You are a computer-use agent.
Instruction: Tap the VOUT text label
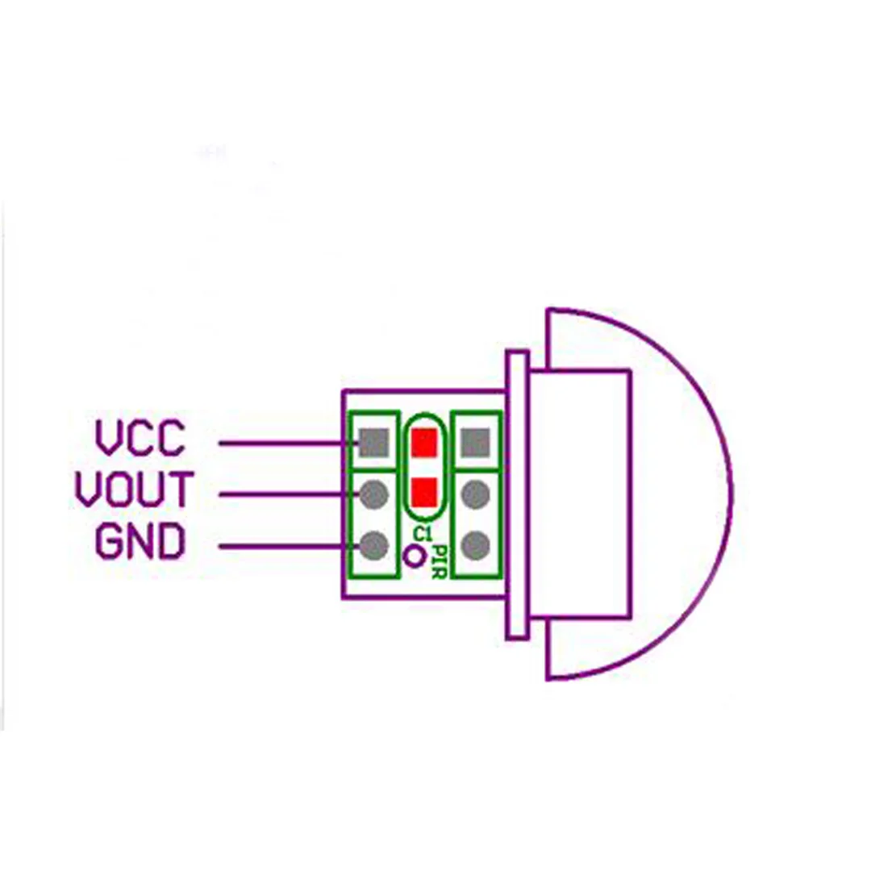(x=134, y=490)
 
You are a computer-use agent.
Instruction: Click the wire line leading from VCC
(x=282, y=442)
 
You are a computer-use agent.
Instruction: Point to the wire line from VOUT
(x=282, y=494)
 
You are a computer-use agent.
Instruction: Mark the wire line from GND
(x=282, y=548)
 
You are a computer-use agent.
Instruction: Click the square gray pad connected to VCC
(x=374, y=442)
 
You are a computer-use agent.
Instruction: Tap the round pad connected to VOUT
(x=374, y=494)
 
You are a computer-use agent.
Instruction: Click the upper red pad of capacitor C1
(x=424, y=442)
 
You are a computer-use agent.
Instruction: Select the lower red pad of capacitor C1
(x=424, y=490)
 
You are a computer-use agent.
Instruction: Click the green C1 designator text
(x=421, y=534)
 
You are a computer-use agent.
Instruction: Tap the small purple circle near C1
(x=415, y=556)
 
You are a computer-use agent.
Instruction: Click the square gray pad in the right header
(x=477, y=442)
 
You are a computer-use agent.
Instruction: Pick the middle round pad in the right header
(x=477, y=494)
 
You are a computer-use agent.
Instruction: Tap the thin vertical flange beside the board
(x=517, y=495)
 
